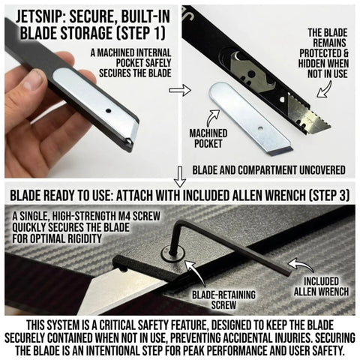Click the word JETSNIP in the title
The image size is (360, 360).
coord(40,16)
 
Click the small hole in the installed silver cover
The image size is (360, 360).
coord(108,110)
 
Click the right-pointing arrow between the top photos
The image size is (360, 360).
coord(180,90)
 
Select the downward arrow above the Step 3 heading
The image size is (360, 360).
coord(180,177)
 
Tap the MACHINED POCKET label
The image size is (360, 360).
coord(208,138)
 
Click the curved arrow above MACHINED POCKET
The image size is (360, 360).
coord(213,118)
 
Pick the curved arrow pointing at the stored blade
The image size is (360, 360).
coord(325,89)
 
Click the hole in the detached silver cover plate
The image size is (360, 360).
coord(260,128)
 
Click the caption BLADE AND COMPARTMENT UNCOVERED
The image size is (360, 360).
coord(268,170)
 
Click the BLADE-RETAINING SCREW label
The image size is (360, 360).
coord(223,300)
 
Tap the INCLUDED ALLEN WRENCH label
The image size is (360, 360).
coord(321,286)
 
